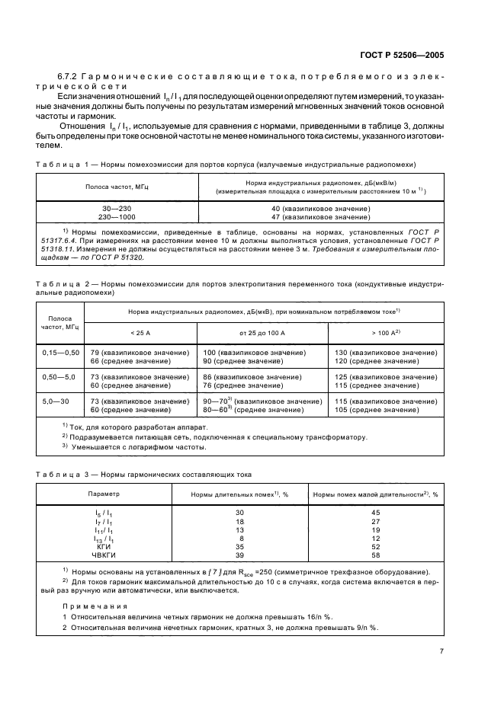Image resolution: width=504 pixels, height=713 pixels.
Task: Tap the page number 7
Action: tap(441, 651)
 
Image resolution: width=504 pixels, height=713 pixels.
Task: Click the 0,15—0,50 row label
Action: tap(60, 353)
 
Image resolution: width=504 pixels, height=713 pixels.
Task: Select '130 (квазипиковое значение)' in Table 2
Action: tap(386, 353)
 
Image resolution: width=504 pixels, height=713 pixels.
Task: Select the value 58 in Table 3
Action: tap(375, 555)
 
